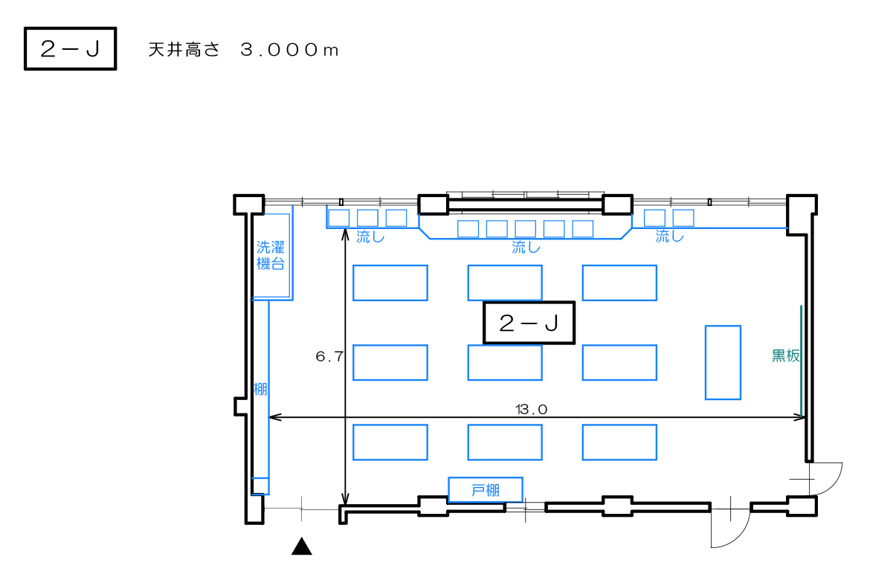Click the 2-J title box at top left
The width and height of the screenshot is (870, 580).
tap(71, 49)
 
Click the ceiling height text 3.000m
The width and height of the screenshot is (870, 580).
tap(289, 50)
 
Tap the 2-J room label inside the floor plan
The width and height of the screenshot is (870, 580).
tap(529, 323)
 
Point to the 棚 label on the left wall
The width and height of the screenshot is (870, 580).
tap(260, 389)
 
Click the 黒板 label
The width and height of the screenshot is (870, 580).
tap(785, 356)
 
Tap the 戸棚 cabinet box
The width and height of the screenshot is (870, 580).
tap(486, 490)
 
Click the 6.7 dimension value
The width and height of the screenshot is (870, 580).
tap(329, 357)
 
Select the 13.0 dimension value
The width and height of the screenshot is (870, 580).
tap(531, 409)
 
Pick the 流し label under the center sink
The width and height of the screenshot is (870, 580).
tap(526, 248)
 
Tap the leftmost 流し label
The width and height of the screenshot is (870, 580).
tap(370, 238)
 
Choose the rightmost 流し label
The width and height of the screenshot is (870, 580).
tap(669, 237)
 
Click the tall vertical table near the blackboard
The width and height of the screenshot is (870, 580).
tap(723, 362)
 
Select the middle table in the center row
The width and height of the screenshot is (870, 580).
tap(505, 362)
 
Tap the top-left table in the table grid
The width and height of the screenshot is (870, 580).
tap(390, 283)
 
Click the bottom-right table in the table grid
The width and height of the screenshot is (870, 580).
tap(619, 442)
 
